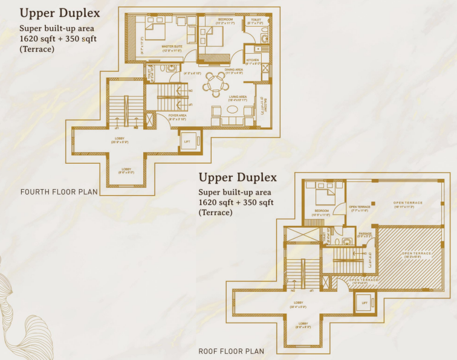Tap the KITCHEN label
click(253, 60)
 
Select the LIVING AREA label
click(237, 97)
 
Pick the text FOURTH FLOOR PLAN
click(59, 193)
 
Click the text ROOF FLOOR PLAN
click(231, 351)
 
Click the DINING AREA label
click(233, 70)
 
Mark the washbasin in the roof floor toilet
click(345, 240)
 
